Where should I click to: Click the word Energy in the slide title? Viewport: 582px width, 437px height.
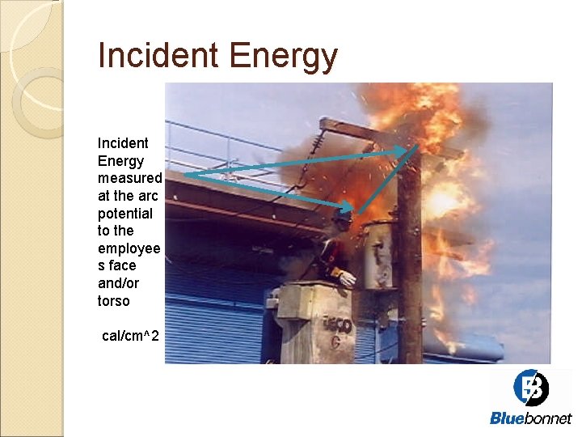[x=283, y=57]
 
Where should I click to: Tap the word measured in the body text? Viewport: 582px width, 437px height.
[x=129, y=178]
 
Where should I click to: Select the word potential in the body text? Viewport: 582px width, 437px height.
[x=124, y=214]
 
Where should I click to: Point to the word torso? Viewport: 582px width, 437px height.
[x=114, y=301]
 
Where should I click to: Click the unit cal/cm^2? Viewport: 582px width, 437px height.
[x=129, y=336]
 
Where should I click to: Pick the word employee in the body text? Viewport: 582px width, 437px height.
[x=129, y=248]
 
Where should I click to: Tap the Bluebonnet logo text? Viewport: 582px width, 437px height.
[x=530, y=418]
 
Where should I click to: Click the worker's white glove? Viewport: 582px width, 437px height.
[x=346, y=279]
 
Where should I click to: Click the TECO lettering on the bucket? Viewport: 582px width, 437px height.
[x=337, y=325]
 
